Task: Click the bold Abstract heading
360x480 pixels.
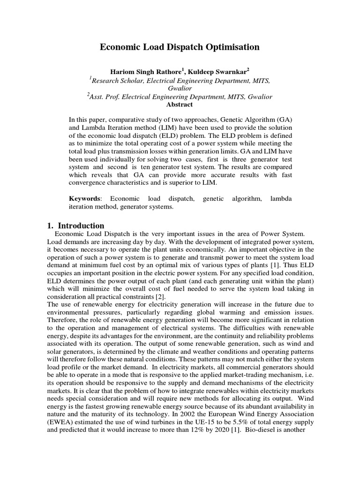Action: pos(180,105)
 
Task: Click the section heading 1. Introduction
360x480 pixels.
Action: pos(75,225)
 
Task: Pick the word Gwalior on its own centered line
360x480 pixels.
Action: pos(180,88)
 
